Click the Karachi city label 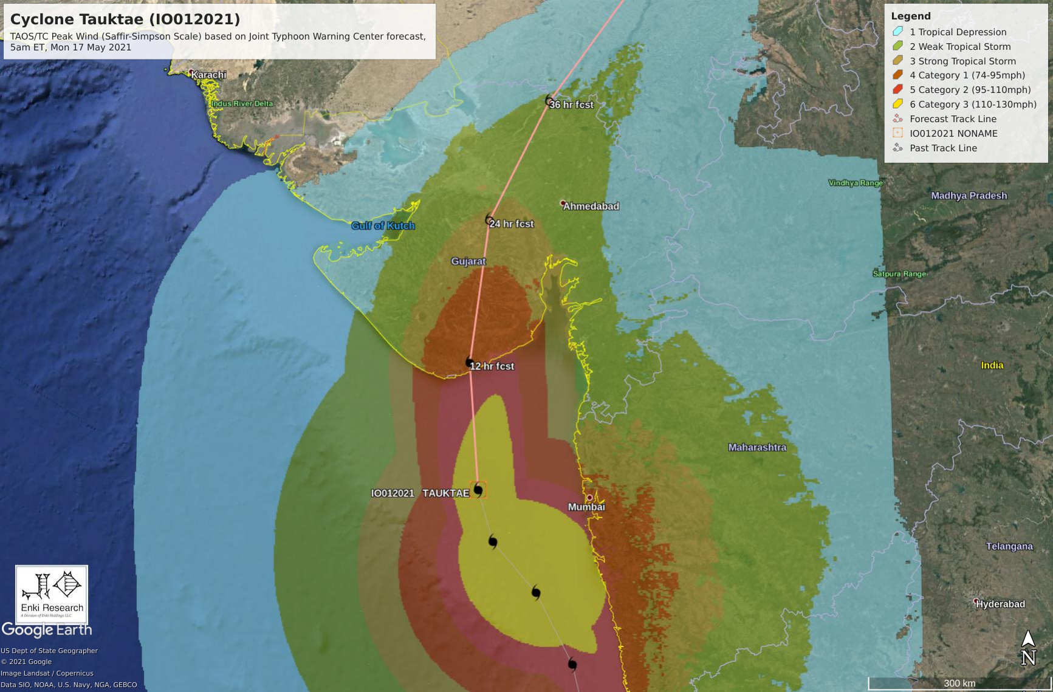tap(208, 75)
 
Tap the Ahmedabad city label tap(591, 207)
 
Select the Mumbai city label tap(586, 507)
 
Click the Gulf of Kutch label tap(383, 226)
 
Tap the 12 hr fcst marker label tap(492, 366)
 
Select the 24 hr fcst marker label tap(511, 224)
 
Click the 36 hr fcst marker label tap(571, 104)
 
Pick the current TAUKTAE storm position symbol tap(478, 490)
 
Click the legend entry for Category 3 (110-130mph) tap(972, 104)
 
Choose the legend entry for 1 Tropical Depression tap(958, 32)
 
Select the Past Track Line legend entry tap(942, 148)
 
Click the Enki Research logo tap(52, 594)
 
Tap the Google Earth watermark tap(47, 630)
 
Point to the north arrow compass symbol tap(1027, 648)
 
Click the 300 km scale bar tap(959, 683)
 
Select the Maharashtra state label tap(757, 448)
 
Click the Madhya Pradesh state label tap(969, 196)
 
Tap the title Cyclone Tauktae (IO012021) tap(125, 19)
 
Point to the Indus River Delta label tap(242, 104)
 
